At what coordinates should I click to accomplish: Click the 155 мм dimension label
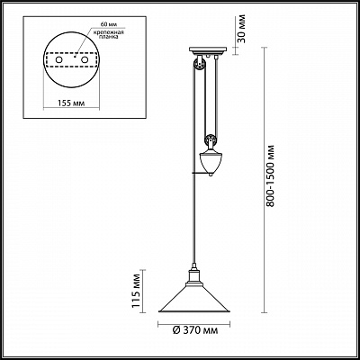tap(71, 103)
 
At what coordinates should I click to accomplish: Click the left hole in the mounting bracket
tap(58, 60)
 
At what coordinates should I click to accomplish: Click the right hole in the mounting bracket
tap(85, 60)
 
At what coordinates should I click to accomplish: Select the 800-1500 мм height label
tap(271, 176)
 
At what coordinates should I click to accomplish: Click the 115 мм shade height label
tap(137, 291)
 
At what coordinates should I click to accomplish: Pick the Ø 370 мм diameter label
tap(195, 330)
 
